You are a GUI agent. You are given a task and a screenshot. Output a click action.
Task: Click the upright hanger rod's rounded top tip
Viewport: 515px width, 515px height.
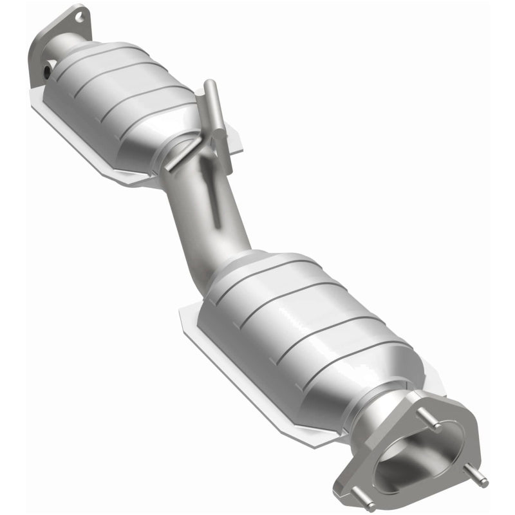click(x=209, y=86)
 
